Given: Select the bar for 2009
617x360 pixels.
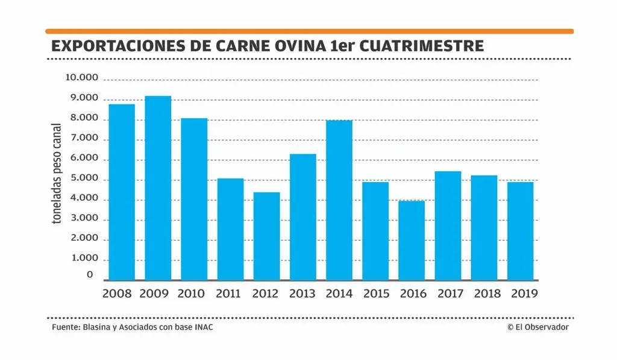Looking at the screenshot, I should [x=158, y=188].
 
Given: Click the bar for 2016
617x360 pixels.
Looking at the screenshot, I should [x=412, y=241].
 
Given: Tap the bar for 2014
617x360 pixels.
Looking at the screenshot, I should [x=339, y=200].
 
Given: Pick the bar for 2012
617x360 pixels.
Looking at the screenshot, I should [x=266, y=236].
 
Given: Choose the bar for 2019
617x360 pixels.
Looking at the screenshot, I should [x=521, y=231].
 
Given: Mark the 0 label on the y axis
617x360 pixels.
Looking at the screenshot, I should [x=90, y=275].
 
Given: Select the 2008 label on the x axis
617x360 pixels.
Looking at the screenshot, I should [x=117, y=294].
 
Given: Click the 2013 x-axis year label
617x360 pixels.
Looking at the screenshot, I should [x=303, y=294].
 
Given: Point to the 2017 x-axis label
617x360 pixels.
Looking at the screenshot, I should [x=449, y=294].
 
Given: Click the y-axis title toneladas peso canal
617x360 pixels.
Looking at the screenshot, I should [x=57, y=173].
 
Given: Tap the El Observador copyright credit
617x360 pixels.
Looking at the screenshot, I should [x=537, y=327].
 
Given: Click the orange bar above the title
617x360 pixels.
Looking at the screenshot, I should [x=309, y=31].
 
